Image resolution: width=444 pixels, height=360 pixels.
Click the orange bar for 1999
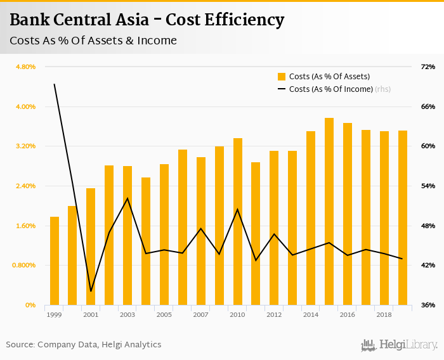(55, 261)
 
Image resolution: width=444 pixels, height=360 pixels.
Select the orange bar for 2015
(329, 212)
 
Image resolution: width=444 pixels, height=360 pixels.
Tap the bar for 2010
(238, 222)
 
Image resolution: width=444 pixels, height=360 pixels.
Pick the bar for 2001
(91, 247)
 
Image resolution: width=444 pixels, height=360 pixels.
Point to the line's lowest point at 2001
(91, 292)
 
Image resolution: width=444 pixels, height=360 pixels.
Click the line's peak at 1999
(55, 84)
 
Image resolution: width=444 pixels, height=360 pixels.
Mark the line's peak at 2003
(127, 198)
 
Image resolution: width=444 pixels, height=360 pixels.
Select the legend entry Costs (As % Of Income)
(330, 89)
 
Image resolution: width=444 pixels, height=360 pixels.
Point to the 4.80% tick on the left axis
(25, 67)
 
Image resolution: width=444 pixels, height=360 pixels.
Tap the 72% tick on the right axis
(428, 67)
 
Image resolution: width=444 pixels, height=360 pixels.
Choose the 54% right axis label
(428, 186)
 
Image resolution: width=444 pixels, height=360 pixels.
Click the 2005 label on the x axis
(164, 314)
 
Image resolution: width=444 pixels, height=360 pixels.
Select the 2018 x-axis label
(384, 314)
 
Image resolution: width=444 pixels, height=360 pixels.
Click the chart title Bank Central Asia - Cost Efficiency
(147, 20)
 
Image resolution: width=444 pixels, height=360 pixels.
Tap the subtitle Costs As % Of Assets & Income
(93, 41)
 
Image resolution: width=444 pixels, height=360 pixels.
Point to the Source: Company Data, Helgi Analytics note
(84, 345)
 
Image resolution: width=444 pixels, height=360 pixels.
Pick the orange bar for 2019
(402, 217)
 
